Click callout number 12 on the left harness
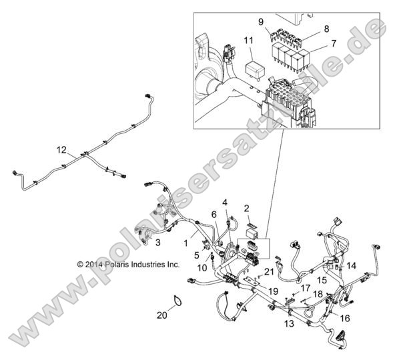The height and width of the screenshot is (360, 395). [x=62, y=150]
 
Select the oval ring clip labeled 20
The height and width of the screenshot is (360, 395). [x=176, y=302]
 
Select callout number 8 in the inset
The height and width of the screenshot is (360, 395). [x=326, y=29]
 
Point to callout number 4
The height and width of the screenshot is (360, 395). [x=225, y=202]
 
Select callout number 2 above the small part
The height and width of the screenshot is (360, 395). [x=246, y=208]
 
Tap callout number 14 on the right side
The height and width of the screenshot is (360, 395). [x=352, y=265]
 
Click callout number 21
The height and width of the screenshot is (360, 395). [x=268, y=271]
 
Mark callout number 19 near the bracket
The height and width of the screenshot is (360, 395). [x=254, y=291]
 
